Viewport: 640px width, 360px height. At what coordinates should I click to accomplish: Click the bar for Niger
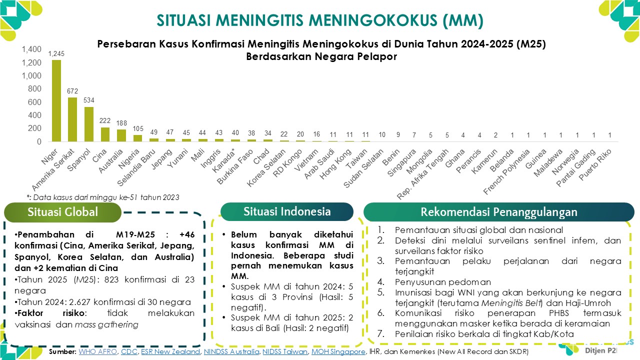click(x=56, y=100)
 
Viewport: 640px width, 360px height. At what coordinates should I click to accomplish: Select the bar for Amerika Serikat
click(x=72, y=119)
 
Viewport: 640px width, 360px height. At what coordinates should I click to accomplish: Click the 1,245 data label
click(x=56, y=53)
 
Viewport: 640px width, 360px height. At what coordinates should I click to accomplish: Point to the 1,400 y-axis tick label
click(x=31, y=49)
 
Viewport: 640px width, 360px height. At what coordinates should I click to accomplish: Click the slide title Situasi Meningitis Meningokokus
click(x=320, y=20)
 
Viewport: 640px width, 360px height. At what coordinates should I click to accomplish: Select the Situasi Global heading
click(x=63, y=212)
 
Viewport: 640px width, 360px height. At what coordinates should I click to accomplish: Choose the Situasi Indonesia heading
click(x=287, y=211)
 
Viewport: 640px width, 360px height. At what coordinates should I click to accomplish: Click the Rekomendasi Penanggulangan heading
click(x=498, y=212)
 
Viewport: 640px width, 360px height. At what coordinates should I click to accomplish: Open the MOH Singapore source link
click(x=338, y=352)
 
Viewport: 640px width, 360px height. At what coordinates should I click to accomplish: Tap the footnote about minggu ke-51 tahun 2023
click(x=102, y=197)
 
